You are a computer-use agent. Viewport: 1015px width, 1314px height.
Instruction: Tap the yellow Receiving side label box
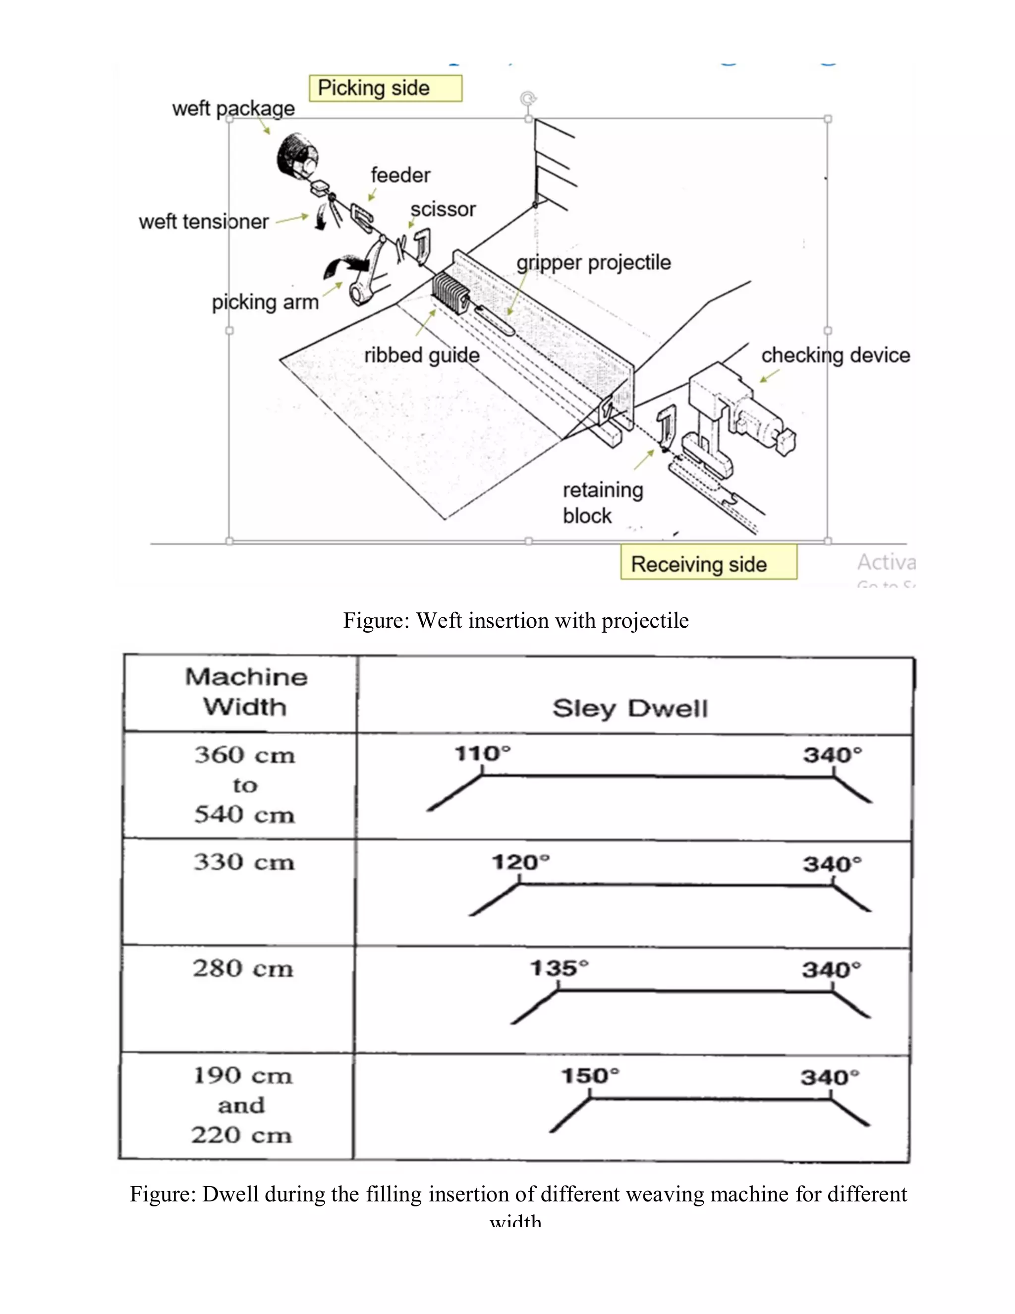pos(708,563)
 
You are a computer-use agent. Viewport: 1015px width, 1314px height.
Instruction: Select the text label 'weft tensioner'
pos(203,222)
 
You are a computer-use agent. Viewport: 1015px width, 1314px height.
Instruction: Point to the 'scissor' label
pos(443,209)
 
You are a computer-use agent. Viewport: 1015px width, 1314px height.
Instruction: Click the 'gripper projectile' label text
pos(593,262)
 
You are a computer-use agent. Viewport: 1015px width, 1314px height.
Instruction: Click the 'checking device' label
pos(835,355)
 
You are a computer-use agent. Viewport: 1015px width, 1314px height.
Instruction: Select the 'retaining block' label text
pos(603,502)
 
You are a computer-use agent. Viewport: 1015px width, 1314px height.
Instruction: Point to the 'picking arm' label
pos(265,301)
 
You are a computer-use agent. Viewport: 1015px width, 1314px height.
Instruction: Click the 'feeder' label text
pos(400,175)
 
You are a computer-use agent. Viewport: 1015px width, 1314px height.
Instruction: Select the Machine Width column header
pos(245,691)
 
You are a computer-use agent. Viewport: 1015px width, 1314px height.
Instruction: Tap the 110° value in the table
pos(482,753)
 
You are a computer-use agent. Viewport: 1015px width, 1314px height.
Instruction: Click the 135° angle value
pos(559,968)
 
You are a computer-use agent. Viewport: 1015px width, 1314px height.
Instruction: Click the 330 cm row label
pos(243,862)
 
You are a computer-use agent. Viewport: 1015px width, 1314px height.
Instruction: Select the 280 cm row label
pos(243,969)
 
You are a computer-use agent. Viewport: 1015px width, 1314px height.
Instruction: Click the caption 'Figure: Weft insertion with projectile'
pos(516,620)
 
